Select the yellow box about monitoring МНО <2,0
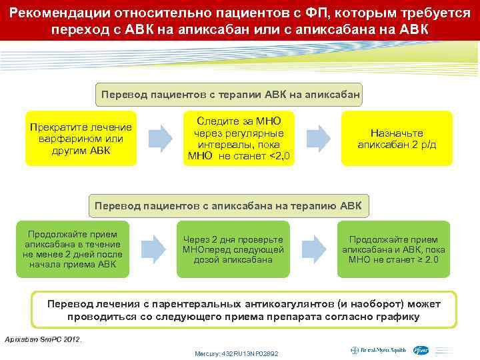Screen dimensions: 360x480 pyautogui.click(x=239, y=139)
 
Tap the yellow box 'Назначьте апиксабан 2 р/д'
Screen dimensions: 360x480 pyautogui.click(x=397, y=139)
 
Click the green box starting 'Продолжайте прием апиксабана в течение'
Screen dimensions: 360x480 pyautogui.click(x=72, y=249)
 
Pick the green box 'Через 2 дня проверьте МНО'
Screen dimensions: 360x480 pyautogui.click(x=233, y=249)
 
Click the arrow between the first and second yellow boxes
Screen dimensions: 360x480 pyautogui.click(x=159, y=138)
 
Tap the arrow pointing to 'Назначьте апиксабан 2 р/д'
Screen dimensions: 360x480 pyautogui.click(x=319, y=138)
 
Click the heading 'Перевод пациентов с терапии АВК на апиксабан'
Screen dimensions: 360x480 pyautogui.click(x=231, y=95)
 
